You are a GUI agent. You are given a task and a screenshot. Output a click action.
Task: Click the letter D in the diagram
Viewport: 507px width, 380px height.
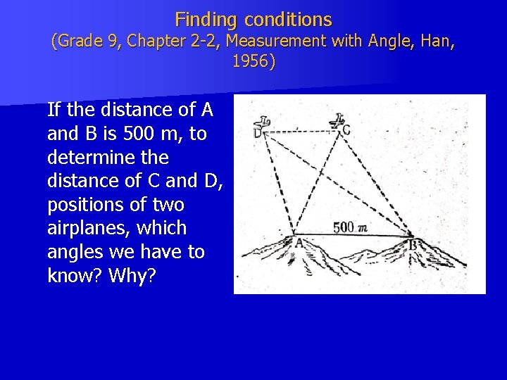[258, 132]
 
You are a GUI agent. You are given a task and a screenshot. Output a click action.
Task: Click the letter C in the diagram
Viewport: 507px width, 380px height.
[346, 129]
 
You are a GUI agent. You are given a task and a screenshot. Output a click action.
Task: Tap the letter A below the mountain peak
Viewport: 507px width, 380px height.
[299, 242]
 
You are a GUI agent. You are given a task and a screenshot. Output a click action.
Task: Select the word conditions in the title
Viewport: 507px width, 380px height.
[287, 19]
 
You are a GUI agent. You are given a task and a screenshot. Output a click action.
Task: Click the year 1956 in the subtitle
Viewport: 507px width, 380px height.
[254, 61]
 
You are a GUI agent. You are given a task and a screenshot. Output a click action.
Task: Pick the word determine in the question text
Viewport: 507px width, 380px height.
[87, 157]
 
